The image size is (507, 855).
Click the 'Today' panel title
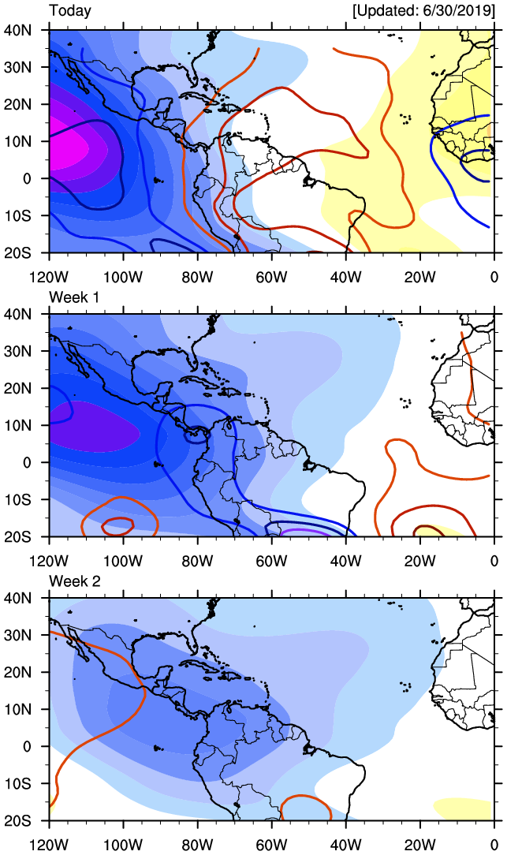click(x=69, y=11)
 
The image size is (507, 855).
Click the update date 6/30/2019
click(x=458, y=11)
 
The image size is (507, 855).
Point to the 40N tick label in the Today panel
click(x=18, y=31)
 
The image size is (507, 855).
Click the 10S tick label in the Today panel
click(x=18, y=215)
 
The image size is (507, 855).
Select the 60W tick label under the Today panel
click(x=272, y=277)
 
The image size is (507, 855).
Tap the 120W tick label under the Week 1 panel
click(x=50, y=561)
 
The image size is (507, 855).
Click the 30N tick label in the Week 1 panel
click(x=18, y=352)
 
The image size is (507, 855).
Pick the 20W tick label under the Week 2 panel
click(x=419, y=846)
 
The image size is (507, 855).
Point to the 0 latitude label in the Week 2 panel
click(x=28, y=746)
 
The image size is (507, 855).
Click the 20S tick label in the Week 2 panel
click(x=18, y=820)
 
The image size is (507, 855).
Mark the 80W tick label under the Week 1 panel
click(x=198, y=561)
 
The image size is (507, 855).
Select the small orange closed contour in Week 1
click(x=118, y=526)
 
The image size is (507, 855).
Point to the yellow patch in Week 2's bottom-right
click(x=464, y=808)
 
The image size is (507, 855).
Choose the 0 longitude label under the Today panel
click(x=494, y=277)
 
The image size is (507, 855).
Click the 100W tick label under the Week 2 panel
click(x=124, y=846)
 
